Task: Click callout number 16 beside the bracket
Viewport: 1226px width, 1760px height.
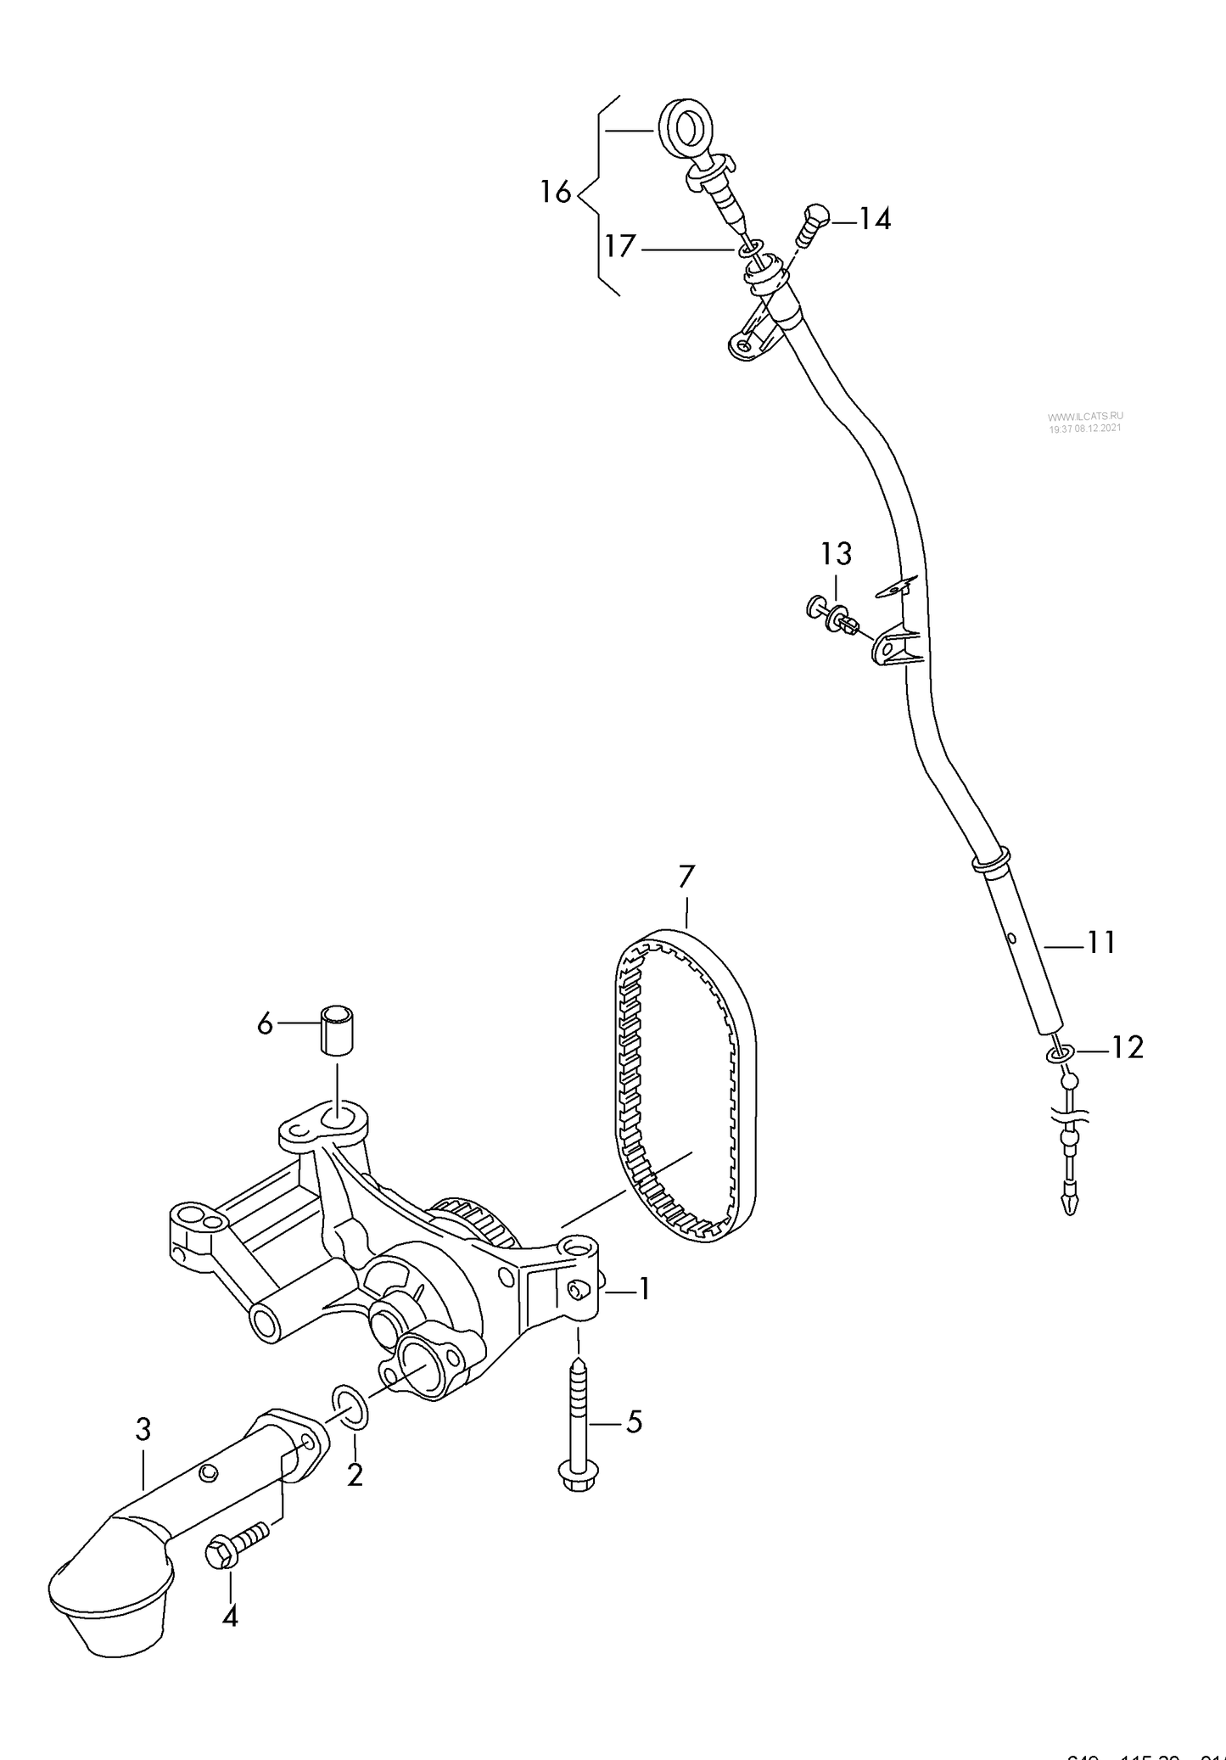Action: point(556,193)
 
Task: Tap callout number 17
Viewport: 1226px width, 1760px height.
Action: point(620,247)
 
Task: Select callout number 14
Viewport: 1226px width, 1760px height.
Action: point(875,220)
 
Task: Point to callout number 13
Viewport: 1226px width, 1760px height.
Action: point(836,554)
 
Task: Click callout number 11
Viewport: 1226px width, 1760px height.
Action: point(1100,942)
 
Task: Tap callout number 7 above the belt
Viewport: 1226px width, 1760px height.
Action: point(686,875)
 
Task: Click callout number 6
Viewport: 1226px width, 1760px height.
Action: point(265,1025)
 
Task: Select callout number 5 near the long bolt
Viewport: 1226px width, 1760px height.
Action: point(634,1421)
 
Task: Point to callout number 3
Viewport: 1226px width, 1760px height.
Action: point(143,1430)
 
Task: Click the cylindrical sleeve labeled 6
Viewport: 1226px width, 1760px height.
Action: point(337,1029)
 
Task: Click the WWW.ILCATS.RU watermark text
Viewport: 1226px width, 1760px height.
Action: point(1085,416)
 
